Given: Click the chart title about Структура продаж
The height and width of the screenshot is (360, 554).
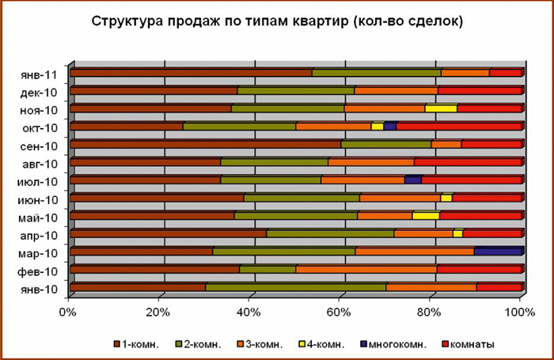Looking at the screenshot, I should point(277,21).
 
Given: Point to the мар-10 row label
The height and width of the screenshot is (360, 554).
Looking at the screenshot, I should point(39,254).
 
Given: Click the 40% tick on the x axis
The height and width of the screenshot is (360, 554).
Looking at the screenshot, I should point(249,310).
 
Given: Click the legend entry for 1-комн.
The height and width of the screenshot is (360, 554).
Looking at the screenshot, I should point(141,344).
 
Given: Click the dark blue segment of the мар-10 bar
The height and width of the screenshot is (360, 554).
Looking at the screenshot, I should point(498,252).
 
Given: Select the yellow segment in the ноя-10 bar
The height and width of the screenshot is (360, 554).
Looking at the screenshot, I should point(441,108).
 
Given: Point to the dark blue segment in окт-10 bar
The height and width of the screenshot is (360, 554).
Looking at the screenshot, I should point(389,126).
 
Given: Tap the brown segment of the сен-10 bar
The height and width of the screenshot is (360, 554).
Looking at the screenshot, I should point(205,144).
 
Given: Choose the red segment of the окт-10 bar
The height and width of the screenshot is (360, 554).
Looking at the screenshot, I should point(459,126).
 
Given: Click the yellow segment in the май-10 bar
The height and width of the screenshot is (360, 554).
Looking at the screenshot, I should point(426,215).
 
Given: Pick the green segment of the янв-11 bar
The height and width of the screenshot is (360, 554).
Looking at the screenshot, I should point(376,72).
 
